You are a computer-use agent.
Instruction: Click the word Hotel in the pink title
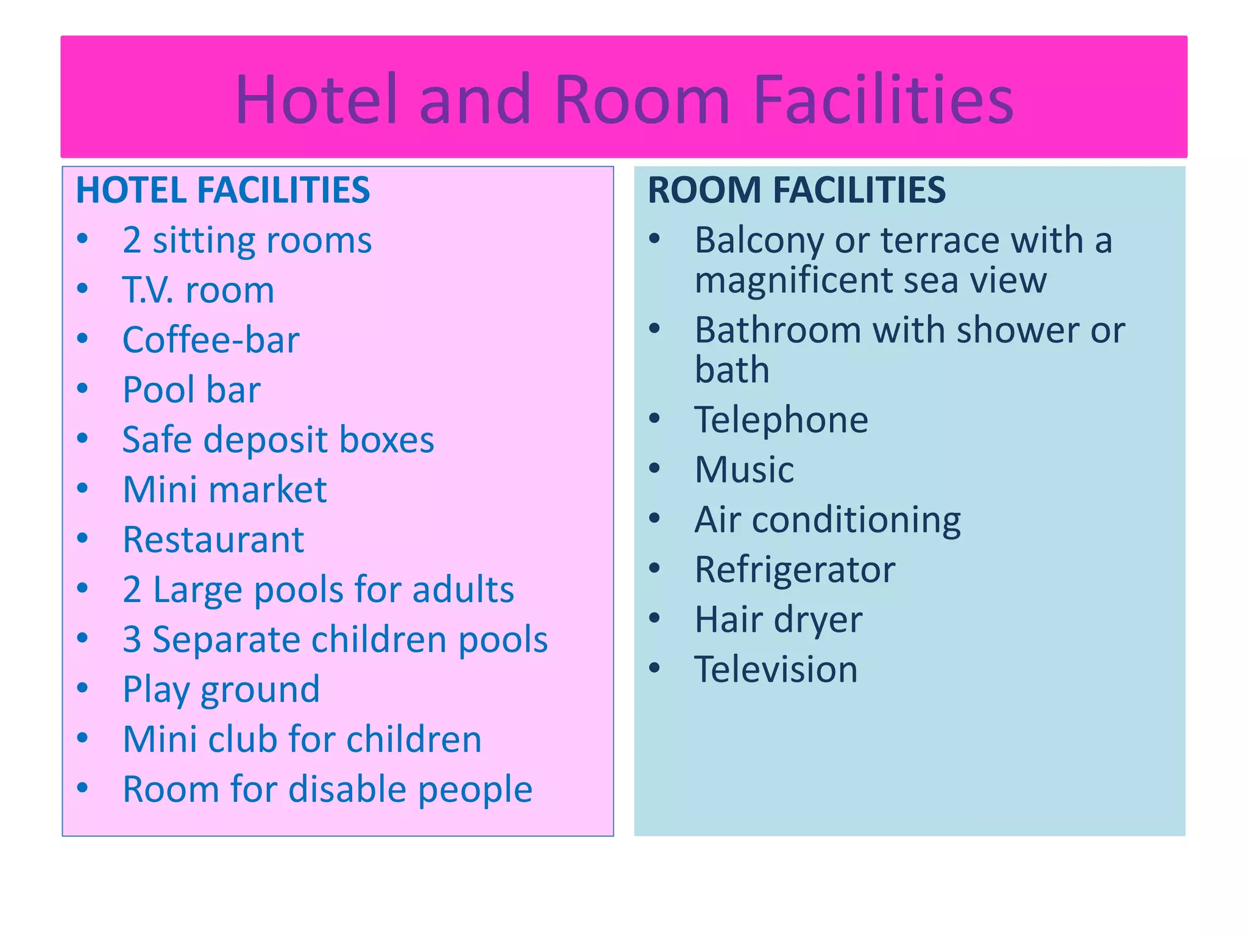coord(316,99)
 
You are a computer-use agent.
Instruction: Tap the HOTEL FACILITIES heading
coord(222,190)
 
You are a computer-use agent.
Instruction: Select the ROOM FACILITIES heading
coord(796,190)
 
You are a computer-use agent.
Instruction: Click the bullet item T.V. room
coord(198,290)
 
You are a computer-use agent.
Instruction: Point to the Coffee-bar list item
coord(211,340)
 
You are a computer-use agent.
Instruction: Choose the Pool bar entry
coord(191,390)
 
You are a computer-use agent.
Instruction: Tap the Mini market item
coord(224,490)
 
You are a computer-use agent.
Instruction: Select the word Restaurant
coord(213,540)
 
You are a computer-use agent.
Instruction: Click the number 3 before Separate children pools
coord(132,640)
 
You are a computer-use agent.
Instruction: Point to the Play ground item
coord(221,690)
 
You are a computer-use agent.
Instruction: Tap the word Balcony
coord(759,240)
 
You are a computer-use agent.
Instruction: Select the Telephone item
coord(781,420)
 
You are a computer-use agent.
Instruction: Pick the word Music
coord(744,470)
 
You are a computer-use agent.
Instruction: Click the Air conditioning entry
coord(827,520)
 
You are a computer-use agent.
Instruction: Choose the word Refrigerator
coord(795,570)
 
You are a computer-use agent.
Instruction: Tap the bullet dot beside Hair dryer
coord(654,619)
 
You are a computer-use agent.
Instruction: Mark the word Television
coord(776,670)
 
